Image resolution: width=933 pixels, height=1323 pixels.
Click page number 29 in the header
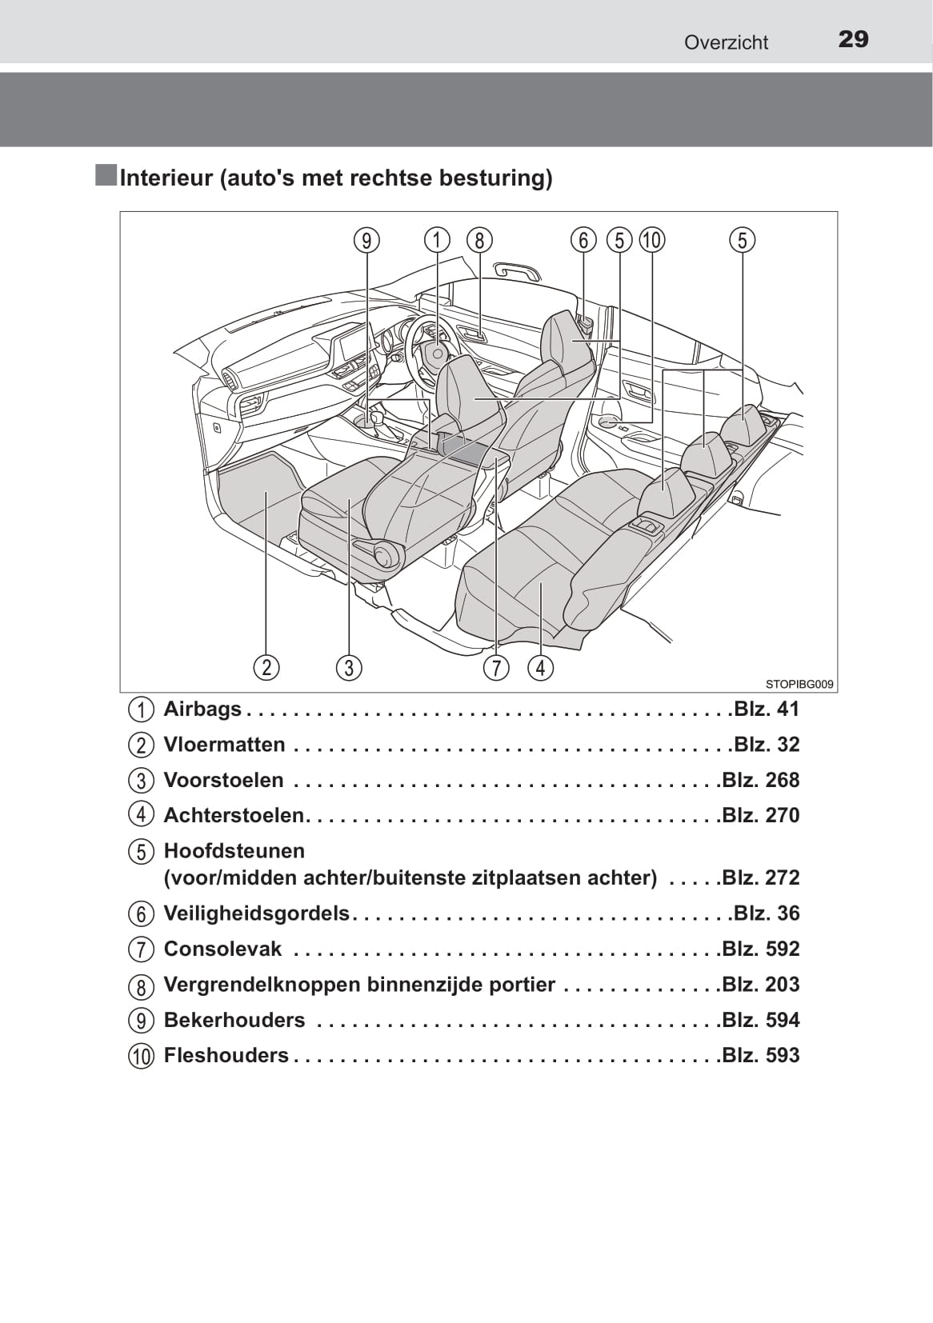tap(853, 39)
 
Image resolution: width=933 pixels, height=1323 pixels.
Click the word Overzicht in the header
tap(727, 42)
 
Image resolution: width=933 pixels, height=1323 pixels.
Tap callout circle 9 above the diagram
tap(367, 241)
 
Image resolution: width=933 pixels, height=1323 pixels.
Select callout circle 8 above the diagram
tap(479, 241)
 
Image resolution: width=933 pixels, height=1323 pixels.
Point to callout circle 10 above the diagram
tap(652, 241)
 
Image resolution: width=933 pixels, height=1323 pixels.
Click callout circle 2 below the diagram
tap(266, 668)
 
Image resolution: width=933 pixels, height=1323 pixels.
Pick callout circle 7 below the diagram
tap(496, 668)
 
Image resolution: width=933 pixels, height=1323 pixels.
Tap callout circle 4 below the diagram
tap(541, 668)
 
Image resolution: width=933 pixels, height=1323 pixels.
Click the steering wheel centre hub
tap(437, 353)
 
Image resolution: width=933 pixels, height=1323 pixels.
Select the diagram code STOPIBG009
tap(799, 685)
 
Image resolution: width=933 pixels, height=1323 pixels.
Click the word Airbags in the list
tap(202, 709)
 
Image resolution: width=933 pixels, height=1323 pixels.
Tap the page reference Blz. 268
tap(761, 780)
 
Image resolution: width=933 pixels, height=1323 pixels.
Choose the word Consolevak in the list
tap(222, 949)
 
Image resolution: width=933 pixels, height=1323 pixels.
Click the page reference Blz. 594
tap(761, 1020)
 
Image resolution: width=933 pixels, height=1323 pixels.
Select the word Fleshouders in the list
tap(226, 1056)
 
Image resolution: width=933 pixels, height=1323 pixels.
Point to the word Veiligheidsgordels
tap(257, 913)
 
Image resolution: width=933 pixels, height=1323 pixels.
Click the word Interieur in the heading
tap(166, 178)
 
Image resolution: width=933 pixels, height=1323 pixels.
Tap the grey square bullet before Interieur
tap(106, 175)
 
